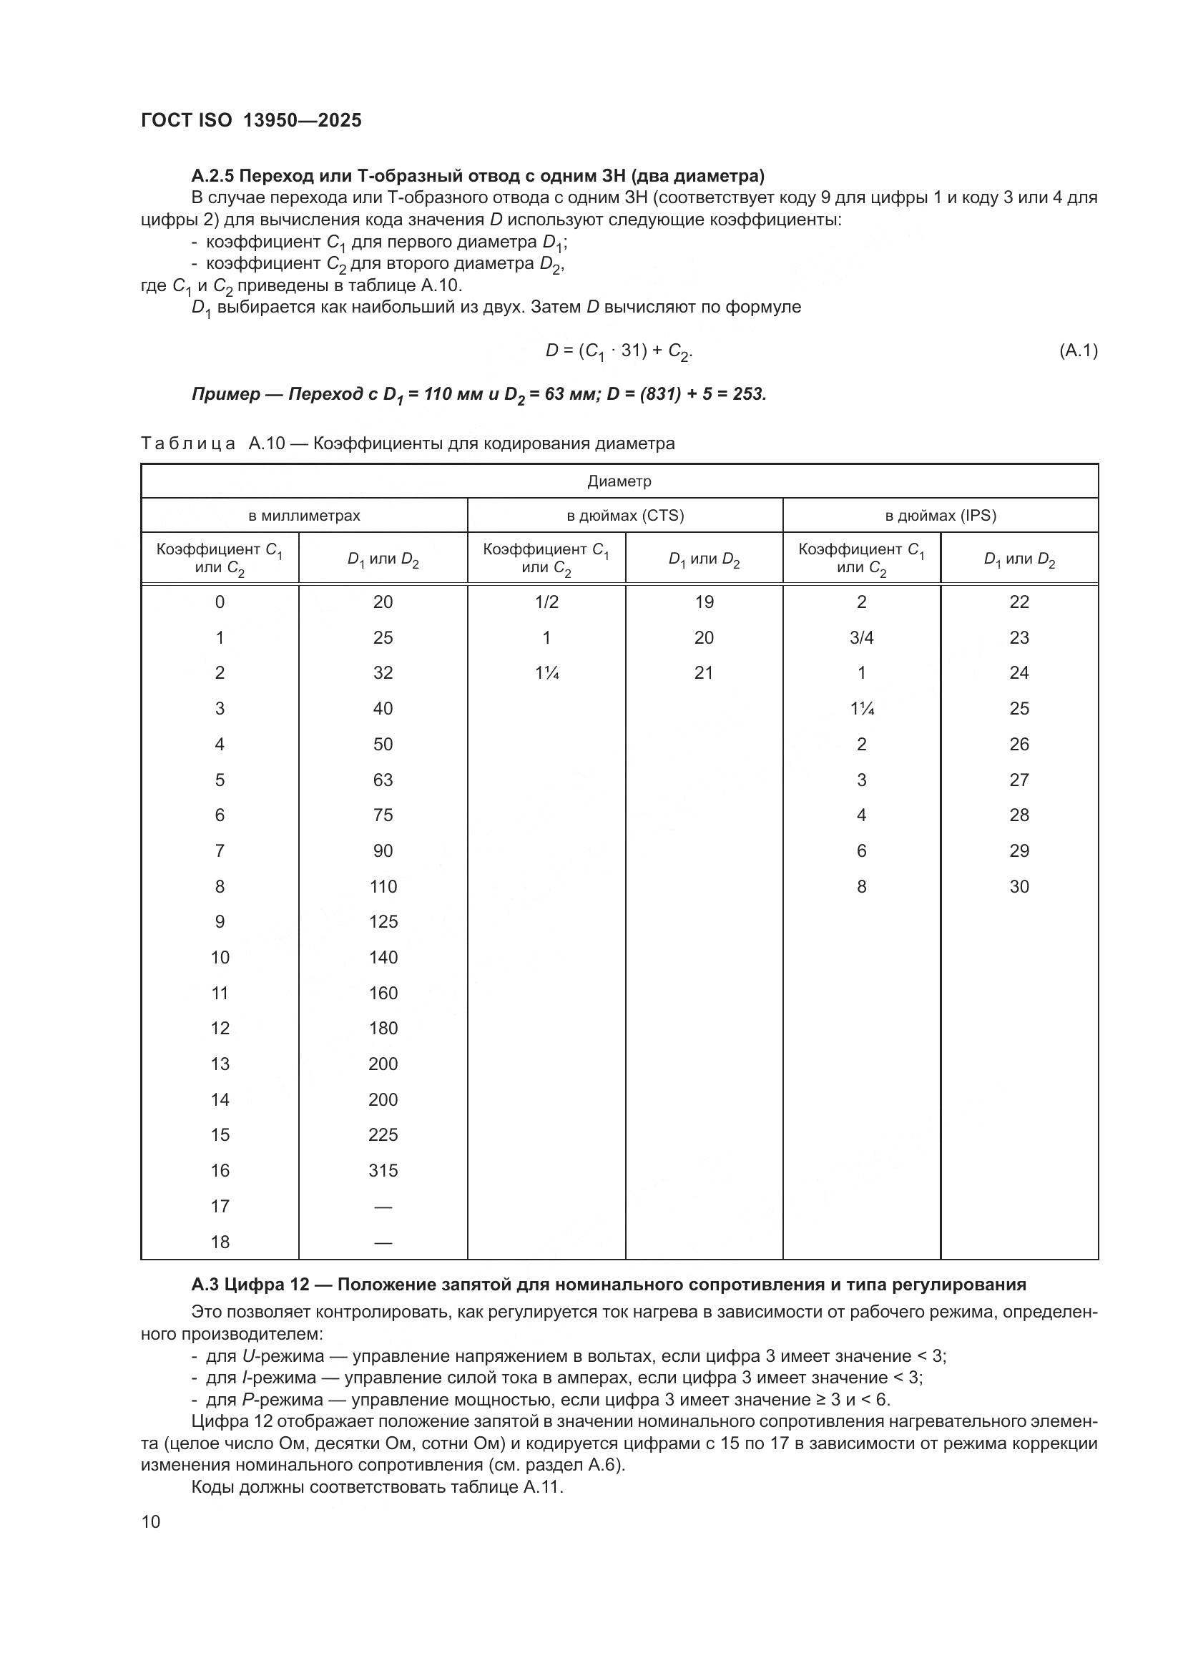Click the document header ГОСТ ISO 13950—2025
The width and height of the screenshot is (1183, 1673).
[250, 121]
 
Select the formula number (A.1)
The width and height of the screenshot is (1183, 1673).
[1078, 351]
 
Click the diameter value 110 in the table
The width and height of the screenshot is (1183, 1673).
[383, 887]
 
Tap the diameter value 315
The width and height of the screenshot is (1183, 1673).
[383, 1171]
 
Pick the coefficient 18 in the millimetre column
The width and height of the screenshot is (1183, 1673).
[220, 1242]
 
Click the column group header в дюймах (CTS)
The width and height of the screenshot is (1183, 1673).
[625, 516]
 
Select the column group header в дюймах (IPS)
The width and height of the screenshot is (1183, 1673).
[941, 516]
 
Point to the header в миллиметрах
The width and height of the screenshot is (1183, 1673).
[304, 516]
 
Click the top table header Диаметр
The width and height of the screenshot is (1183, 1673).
[619, 481]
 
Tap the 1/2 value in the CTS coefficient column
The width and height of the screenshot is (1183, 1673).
[546, 602]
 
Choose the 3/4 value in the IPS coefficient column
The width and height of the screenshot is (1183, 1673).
[862, 638]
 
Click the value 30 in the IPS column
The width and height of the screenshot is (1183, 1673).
[1019, 887]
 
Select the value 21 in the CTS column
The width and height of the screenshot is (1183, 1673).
[704, 673]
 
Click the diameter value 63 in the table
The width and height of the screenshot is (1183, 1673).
[383, 780]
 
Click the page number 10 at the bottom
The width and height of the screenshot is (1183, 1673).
[151, 1522]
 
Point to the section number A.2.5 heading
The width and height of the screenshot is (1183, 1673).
[212, 177]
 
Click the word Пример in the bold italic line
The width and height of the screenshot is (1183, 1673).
[226, 395]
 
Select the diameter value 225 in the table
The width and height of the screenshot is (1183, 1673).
[383, 1135]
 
